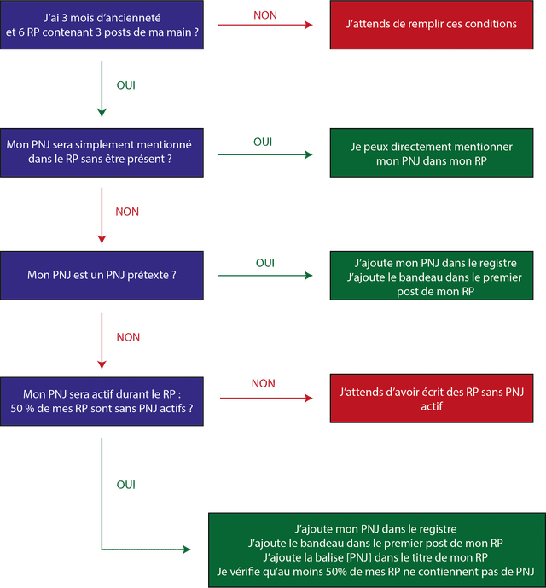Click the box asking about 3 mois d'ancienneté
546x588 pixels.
[102, 25]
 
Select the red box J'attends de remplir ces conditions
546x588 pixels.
[432, 25]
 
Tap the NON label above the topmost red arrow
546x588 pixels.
[265, 15]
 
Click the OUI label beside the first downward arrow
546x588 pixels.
[126, 85]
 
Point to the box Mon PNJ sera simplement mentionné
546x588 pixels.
[102, 153]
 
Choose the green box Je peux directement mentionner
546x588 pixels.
[432, 153]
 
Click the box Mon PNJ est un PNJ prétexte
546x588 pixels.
[102, 276]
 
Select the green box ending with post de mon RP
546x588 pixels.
[432, 276]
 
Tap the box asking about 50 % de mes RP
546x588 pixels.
[102, 401]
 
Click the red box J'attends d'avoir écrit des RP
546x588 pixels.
[432, 399]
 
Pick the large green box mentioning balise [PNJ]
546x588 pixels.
[377, 550]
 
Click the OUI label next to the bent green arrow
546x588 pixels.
[126, 485]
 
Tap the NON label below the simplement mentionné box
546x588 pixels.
[127, 212]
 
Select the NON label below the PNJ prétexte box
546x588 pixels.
[128, 337]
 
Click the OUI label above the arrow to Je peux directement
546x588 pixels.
[263, 143]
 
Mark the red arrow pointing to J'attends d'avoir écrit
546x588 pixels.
[266, 398]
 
